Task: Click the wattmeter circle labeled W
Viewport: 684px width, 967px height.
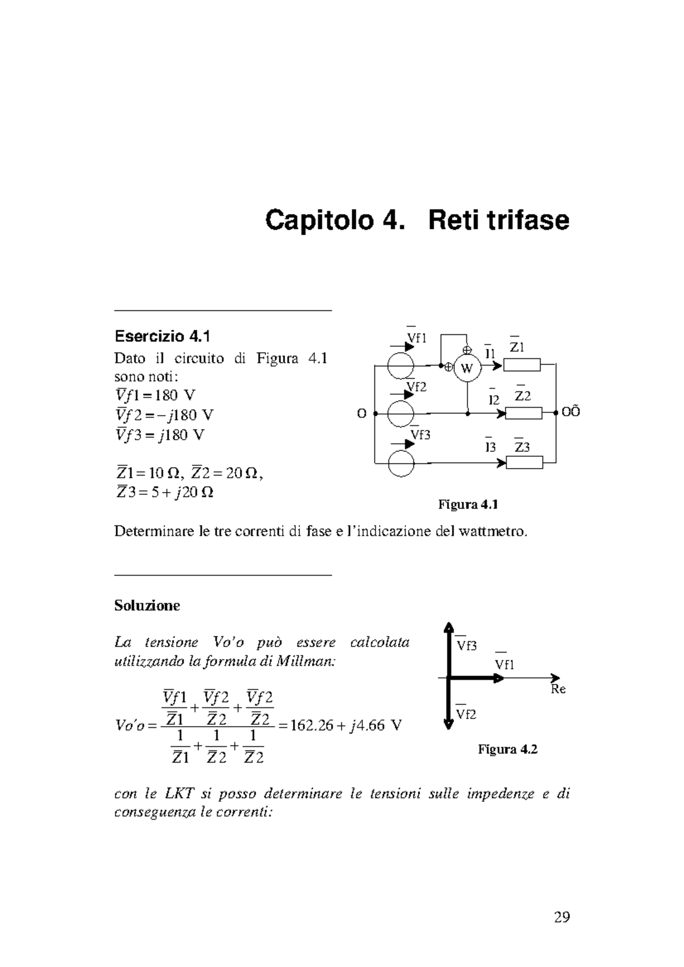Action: (467, 368)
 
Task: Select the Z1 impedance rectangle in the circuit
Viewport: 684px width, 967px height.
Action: (522, 364)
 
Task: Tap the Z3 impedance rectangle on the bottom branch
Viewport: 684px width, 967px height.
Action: (524, 462)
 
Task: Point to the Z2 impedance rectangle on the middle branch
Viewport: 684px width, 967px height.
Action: (523, 413)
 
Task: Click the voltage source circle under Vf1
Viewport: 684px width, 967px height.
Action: (401, 365)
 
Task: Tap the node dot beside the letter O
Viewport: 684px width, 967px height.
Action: (374, 413)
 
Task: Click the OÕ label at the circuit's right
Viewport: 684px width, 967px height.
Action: (571, 413)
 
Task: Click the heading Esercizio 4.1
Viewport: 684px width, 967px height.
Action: (158, 337)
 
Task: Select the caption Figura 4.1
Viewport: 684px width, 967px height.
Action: (468, 505)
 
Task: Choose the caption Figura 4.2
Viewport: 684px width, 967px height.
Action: (507, 749)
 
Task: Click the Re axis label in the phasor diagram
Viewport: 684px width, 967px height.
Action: (558, 690)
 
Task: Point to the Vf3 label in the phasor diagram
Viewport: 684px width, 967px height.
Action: (466, 646)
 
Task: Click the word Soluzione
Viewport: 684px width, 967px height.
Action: (147, 605)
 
